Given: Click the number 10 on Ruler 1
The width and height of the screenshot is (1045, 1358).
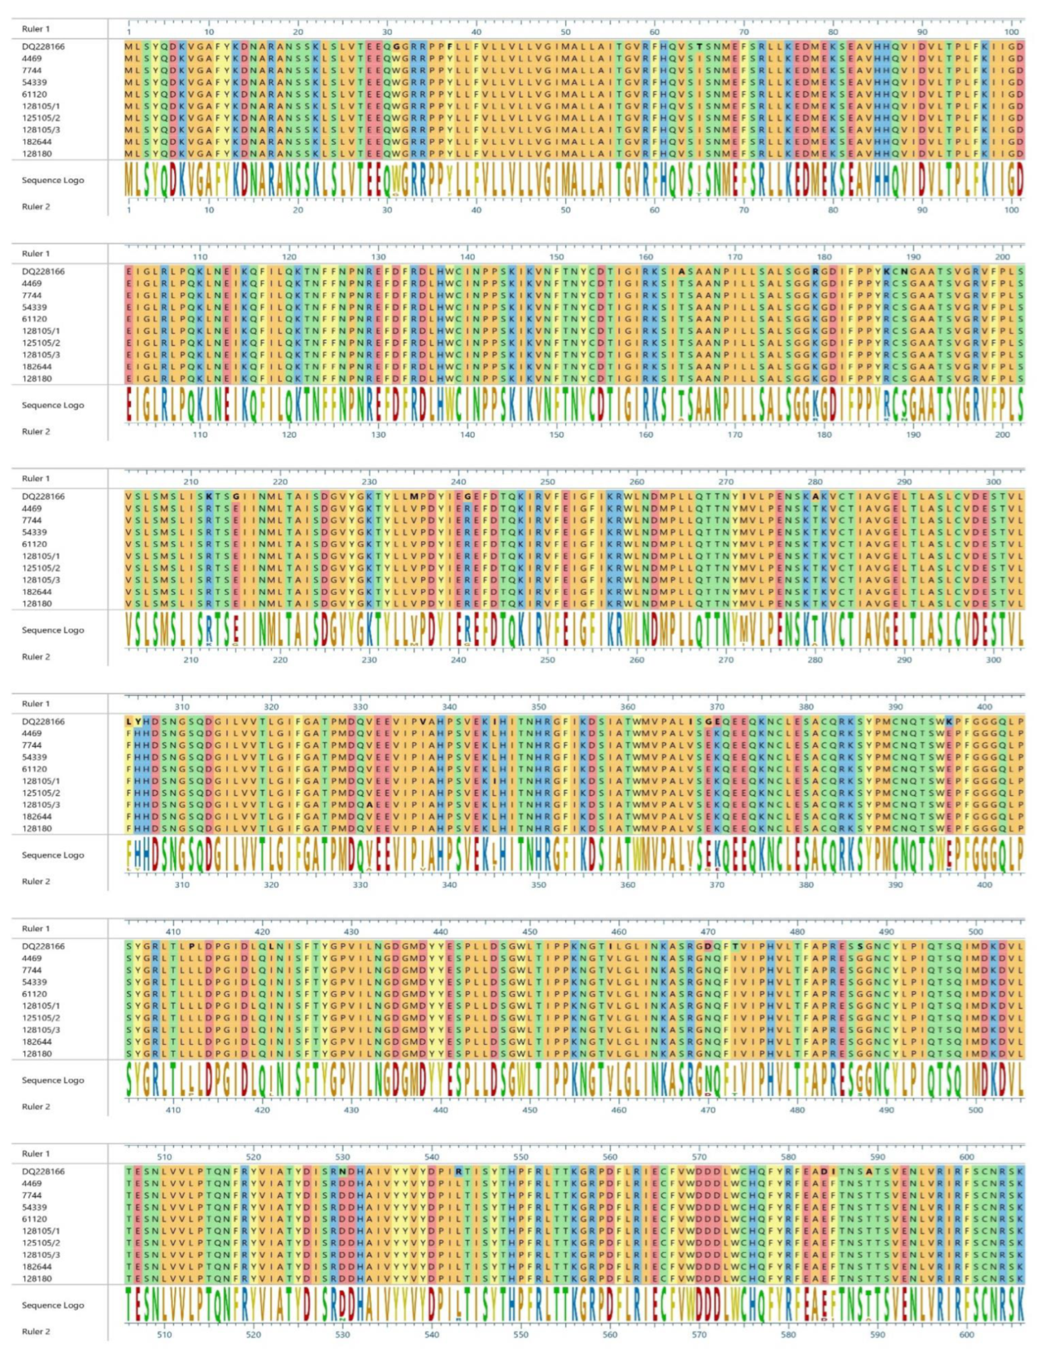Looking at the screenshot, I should pos(209,32).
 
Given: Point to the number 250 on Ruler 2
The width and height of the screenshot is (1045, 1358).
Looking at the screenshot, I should pos(548,660).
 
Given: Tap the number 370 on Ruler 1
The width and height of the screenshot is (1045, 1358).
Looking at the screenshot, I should pos(717,707).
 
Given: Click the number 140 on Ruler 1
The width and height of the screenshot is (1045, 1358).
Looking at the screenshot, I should pos(468,257).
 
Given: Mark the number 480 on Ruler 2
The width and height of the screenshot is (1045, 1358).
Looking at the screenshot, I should pos(797,1110).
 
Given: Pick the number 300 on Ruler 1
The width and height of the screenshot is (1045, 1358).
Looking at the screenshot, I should pos(993,482).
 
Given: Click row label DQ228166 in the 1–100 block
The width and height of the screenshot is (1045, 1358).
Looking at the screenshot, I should pos(43,47).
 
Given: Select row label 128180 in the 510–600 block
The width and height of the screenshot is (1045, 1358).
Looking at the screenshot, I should pos(37,1278).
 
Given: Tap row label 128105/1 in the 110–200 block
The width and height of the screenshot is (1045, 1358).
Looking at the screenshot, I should pos(40,331).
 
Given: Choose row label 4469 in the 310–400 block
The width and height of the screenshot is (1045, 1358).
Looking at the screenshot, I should pos(32,733).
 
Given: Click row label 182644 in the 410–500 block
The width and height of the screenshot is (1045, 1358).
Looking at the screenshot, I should pos(37,1042).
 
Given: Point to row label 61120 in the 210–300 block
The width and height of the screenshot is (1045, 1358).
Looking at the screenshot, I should pos(34,544).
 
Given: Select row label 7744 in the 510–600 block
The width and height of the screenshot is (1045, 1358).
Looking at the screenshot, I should pos(32,1195).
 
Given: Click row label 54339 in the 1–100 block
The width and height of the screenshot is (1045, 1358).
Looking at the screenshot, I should pos(34,82).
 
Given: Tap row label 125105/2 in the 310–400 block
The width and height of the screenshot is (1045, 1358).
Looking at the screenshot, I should pos(40,793).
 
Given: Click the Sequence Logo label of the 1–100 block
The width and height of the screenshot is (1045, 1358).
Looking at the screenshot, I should pos(53,180).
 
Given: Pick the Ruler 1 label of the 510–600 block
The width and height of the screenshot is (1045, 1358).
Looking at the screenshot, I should pos(36,1153).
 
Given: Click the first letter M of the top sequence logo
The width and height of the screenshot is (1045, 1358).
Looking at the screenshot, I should pos(129,181).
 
